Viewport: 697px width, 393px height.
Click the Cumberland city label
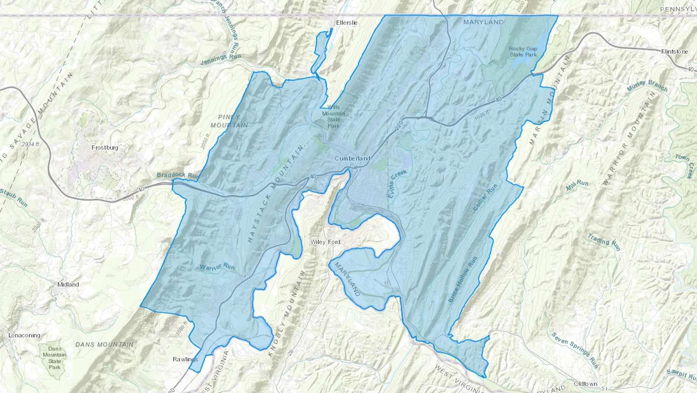click(352, 158)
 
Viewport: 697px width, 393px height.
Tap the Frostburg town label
click(105, 147)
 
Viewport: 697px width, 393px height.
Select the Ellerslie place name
click(347, 23)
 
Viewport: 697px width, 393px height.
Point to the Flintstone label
click(675, 51)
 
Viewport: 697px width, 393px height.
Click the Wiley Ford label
click(325, 242)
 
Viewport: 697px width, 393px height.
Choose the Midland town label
click(68, 284)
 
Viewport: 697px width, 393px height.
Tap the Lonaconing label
click(24, 335)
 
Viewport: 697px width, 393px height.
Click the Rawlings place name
click(185, 359)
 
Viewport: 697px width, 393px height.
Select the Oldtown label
click(585, 384)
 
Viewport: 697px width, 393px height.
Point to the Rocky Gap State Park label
click(523, 52)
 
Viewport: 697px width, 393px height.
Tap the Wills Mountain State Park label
click(333, 116)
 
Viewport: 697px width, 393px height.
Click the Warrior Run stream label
click(217, 267)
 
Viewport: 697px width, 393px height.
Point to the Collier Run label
click(485, 197)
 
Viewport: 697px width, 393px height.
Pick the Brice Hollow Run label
click(463, 280)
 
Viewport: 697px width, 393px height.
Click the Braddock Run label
click(177, 175)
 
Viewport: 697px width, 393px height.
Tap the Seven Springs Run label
click(575, 350)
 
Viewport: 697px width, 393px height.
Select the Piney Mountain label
click(229, 121)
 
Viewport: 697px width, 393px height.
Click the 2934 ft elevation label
click(31, 144)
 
